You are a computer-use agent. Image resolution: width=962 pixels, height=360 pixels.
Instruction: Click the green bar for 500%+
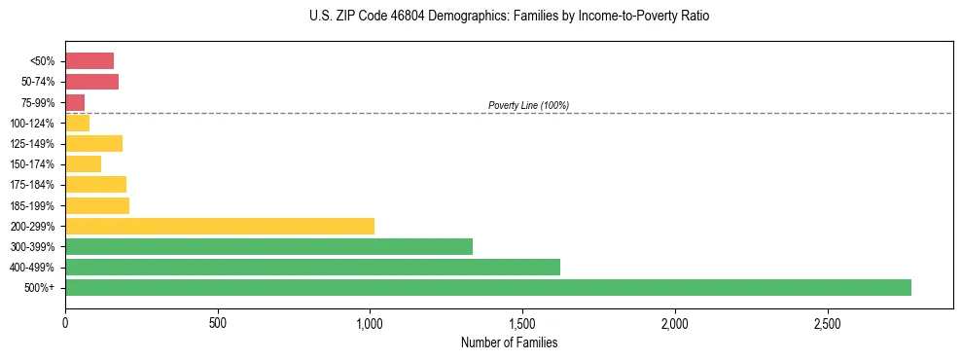click(487, 287)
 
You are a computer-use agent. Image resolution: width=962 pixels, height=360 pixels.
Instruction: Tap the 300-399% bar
click(268, 246)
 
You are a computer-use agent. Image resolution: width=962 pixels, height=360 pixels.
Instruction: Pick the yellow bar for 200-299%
click(220, 226)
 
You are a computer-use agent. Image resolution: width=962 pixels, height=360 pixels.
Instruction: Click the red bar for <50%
click(89, 61)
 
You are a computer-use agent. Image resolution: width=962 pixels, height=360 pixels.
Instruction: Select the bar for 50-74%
click(91, 82)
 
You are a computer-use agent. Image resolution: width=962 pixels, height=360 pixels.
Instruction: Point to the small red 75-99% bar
click(75, 102)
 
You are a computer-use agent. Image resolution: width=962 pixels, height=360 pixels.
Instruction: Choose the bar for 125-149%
click(93, 144)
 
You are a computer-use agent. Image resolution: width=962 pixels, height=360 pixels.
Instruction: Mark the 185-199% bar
click(97, 205)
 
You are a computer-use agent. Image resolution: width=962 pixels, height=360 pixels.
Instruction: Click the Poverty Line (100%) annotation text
click(528, 105)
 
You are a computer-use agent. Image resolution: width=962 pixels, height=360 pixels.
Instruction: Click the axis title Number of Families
click(509, 342)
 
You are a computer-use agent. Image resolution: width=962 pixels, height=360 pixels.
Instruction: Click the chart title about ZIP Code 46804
click(509, 17)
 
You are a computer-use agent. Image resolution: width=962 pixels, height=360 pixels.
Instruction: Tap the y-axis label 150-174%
click(32, 164)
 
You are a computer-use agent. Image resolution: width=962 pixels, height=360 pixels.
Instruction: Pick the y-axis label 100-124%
click(32, 124)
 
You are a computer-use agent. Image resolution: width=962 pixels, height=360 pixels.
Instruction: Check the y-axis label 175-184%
click(32, 185)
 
